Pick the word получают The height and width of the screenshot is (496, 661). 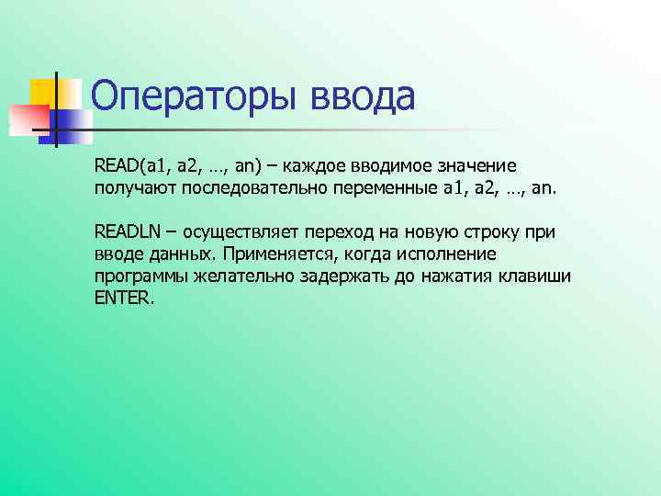(x=129, y=189)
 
